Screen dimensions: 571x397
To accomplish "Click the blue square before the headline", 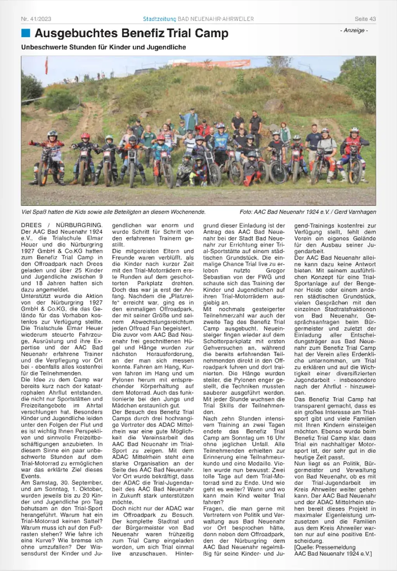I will coord(26,33).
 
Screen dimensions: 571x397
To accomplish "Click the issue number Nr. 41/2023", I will coord(36,19).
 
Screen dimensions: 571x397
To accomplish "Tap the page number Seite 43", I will coord(365,19).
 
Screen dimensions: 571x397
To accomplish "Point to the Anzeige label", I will coord(354,30).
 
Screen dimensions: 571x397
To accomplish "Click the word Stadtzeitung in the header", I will coord(159,19).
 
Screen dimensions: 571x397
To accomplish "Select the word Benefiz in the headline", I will coord(143,33).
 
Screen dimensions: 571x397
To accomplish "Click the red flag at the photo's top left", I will coord(47,65).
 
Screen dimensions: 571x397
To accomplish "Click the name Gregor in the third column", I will coord(275,270).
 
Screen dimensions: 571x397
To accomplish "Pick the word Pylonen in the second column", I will coord(124,380).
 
